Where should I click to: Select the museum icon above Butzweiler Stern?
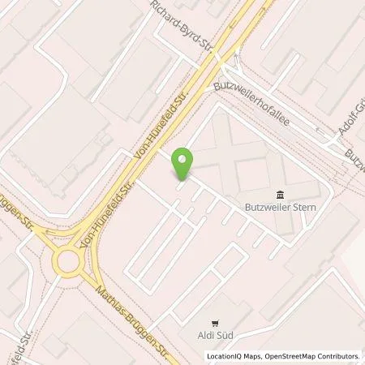(280, 194)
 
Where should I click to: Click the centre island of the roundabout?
(67, 262)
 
